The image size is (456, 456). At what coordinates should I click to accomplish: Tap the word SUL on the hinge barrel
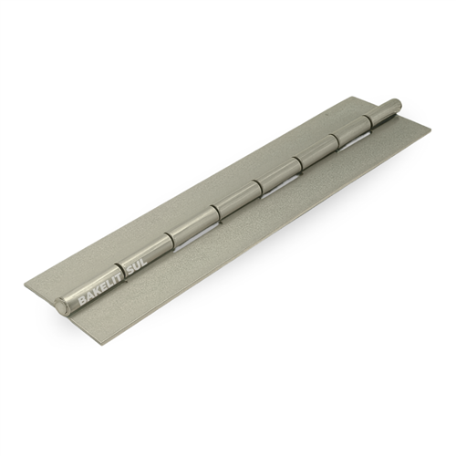(x=135, y=264)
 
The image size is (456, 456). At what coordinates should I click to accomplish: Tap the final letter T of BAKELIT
(x=116, y=275)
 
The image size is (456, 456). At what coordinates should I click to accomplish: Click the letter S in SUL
(x=128, y=268)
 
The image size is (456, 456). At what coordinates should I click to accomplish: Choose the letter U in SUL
(x=135, y=264)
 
